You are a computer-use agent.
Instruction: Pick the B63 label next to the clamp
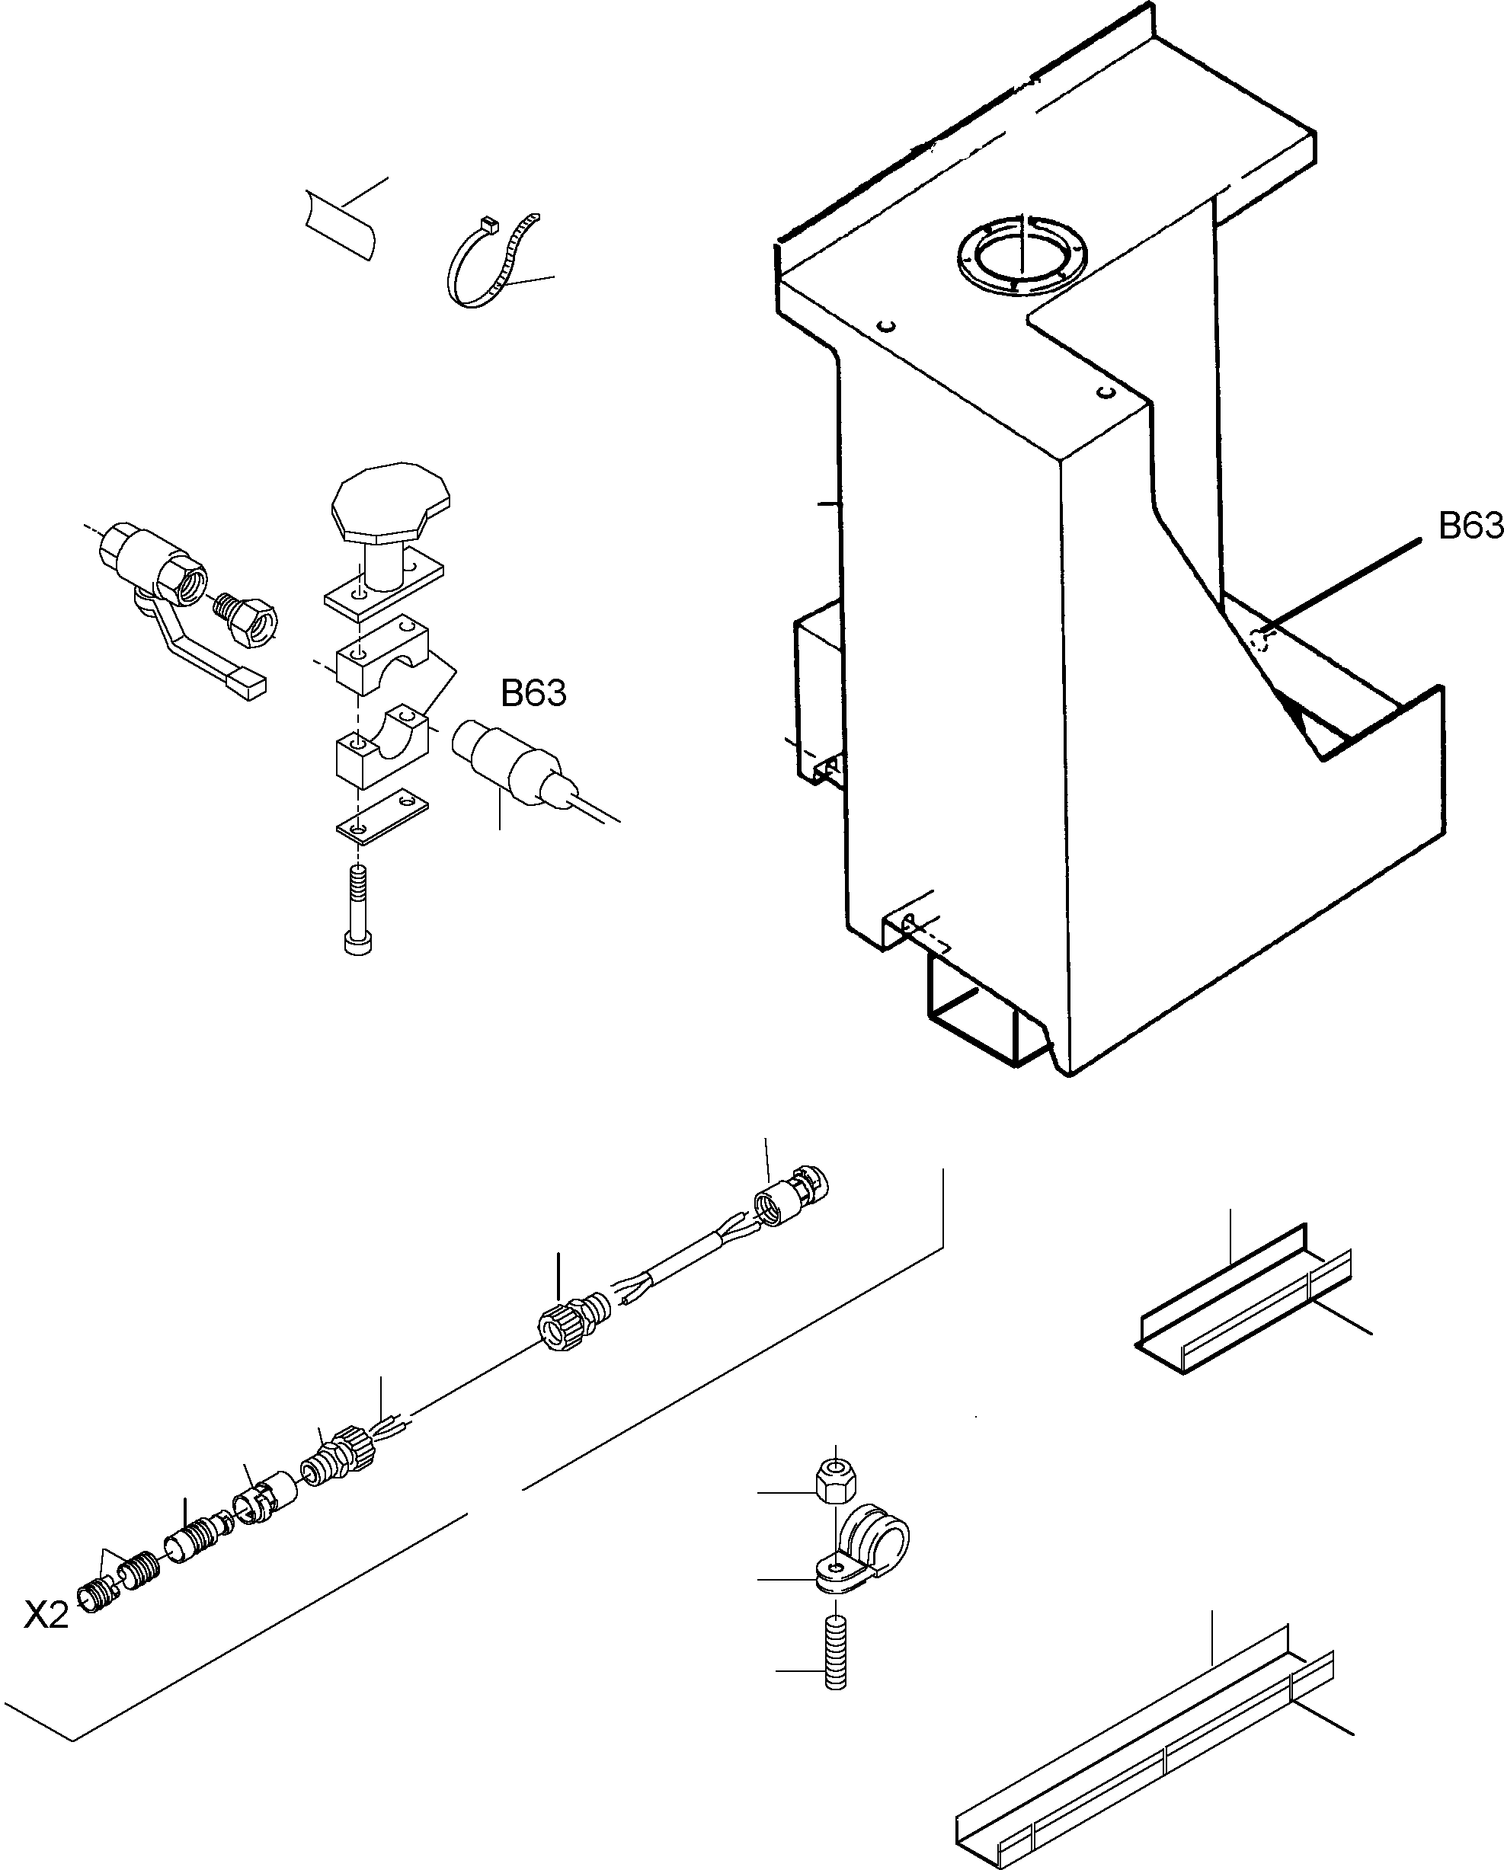pos(533,694)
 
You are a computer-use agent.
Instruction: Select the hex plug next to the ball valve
pos(249,619)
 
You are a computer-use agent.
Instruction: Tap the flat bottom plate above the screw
pos(382,815)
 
